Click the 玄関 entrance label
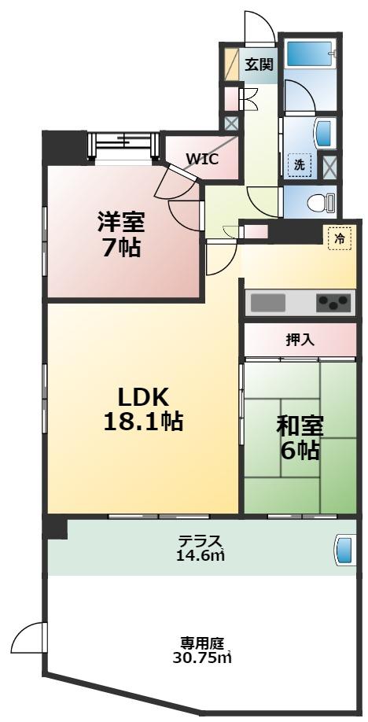(259, 64)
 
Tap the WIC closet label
(202, 157)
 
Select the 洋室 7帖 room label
(120, 234)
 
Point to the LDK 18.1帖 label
(143, 408)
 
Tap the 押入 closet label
(299, 340)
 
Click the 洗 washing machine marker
(299, 165)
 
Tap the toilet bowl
(322, 203)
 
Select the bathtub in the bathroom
(311, 53)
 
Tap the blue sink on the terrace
(344, 549)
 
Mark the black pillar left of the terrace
(55, 527)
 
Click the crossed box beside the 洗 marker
(331, 166)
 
